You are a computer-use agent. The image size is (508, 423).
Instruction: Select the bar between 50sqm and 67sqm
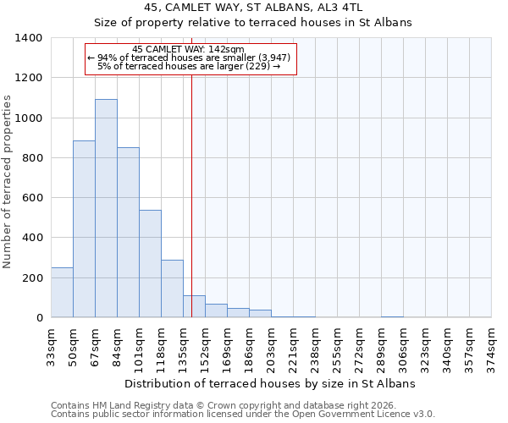coord(84,228)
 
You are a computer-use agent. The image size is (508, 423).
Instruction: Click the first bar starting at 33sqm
coord(62,293)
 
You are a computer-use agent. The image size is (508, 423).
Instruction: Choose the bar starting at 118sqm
coord(172,288)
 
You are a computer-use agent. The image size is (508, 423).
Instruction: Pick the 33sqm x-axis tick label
coord(51,343)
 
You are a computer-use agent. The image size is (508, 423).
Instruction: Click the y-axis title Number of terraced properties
coord(8,181)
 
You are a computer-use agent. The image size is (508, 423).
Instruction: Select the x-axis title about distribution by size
coord(270,383)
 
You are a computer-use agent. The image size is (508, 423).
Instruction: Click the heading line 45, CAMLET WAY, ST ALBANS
coord(253,7)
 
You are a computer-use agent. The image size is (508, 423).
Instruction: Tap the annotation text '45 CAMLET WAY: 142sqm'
coord(189,49)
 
